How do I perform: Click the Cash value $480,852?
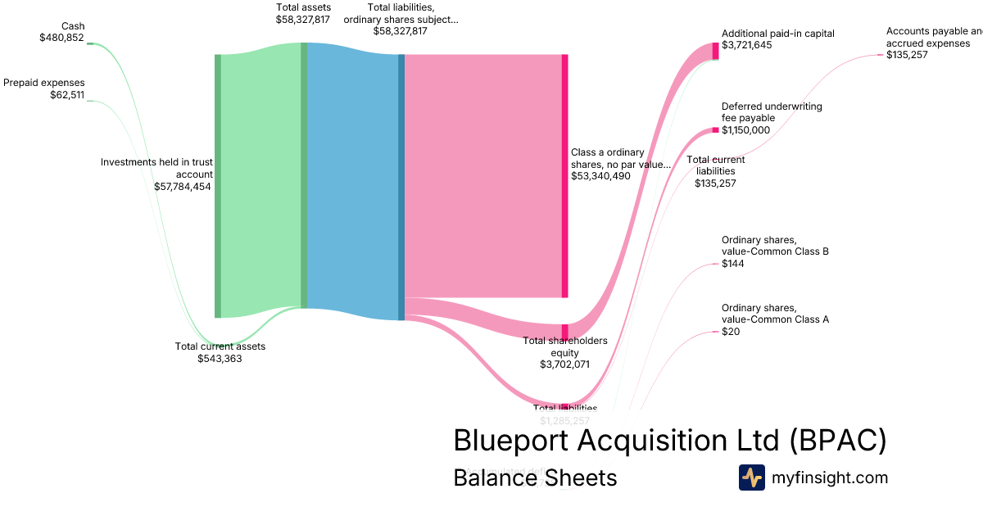tap(61, 38)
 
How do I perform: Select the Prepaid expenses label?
tap(44, 83)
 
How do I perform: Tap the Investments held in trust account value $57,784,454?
tap(183, 186)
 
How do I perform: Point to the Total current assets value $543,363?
tap(220, 358)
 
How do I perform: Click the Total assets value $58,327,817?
tap(303, 19)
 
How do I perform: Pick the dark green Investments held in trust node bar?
tap(218, 186)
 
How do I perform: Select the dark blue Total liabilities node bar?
tap(401, 186)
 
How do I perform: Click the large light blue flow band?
tap(352, 180)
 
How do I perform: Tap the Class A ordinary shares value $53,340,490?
tap(600, 175)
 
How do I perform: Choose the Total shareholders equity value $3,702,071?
tap(565, 364)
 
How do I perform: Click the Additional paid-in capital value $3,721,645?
tap(746, 45)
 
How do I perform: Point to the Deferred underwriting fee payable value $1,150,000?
tap(745, 129)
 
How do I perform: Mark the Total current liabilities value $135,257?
tap(715, 183)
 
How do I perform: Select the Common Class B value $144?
tap(732, 264)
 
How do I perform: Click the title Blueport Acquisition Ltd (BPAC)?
tap(669, 441)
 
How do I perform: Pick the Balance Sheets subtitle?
tap(535, 478)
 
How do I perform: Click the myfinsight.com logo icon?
tap(751, 478)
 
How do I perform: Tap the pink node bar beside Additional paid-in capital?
tap(715, 50)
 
